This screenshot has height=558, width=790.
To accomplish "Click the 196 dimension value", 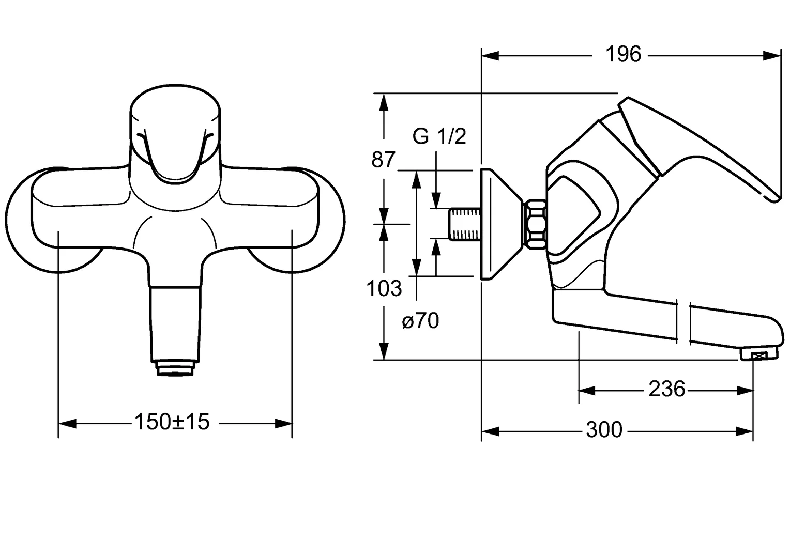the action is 623,55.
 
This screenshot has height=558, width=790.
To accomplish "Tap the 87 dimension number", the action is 383,160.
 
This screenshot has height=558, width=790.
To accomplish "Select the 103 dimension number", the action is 384,288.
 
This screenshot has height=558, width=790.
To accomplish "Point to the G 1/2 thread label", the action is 439,136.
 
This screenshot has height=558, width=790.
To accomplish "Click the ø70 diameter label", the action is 420,321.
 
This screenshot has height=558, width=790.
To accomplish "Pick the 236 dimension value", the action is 666,389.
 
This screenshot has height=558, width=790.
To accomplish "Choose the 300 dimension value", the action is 604,430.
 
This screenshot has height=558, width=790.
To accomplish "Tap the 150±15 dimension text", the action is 172,422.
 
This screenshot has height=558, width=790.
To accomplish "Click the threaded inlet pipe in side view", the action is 465,225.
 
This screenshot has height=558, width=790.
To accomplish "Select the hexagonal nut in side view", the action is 535,225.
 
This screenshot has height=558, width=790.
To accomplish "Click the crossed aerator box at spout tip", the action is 759,356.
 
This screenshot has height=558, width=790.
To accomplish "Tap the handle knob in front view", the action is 175,134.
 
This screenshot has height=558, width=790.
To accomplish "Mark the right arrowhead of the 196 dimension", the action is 772,56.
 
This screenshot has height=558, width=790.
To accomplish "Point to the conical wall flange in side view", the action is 502,225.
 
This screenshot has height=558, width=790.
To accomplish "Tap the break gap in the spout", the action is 683,322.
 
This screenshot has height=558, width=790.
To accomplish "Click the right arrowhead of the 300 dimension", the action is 744,431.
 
